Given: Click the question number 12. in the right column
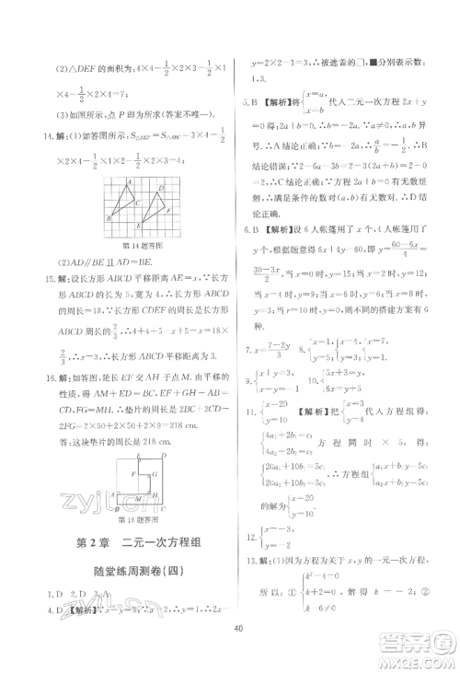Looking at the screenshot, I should (x=247, y=536).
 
